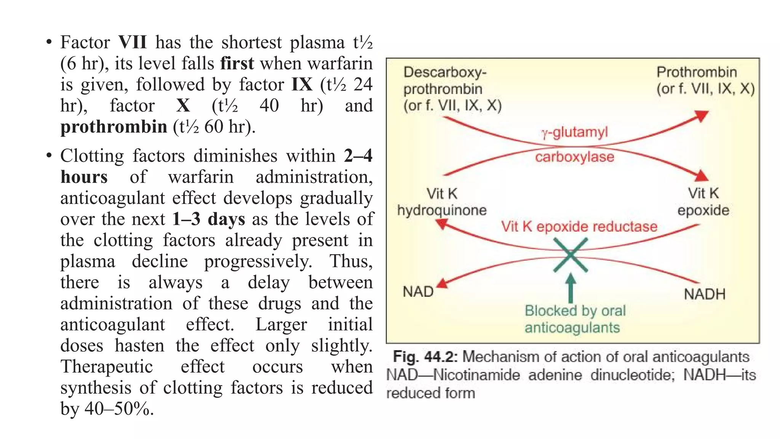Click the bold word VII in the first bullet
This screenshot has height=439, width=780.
132,42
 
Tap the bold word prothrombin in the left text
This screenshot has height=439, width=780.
113,127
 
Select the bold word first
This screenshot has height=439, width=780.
237,63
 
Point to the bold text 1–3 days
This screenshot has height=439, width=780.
208,219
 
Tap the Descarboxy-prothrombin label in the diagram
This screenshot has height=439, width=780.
452,89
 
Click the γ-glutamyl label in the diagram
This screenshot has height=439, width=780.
574,133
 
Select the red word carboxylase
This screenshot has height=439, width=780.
574,157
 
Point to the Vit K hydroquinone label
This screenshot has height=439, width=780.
442,202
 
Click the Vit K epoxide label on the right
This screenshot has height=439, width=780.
703,202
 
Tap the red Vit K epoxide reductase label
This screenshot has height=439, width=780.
579,227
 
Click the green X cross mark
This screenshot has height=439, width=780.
570,255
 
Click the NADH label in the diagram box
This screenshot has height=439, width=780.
705,294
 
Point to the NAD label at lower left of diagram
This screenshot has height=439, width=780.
418,292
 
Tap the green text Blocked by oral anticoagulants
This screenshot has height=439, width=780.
574,319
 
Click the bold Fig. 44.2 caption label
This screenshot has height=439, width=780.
425,357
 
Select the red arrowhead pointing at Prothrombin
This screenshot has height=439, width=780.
701,115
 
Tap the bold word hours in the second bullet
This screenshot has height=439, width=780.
84,177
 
